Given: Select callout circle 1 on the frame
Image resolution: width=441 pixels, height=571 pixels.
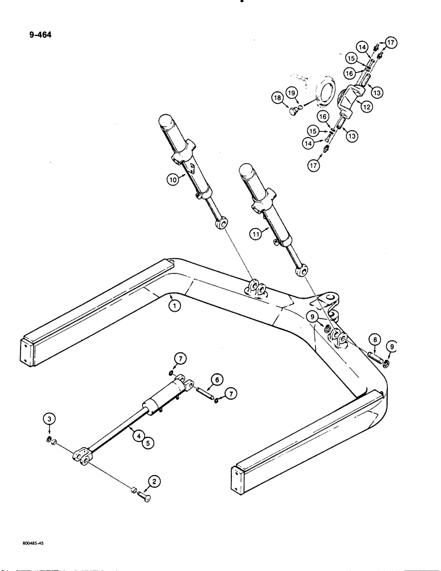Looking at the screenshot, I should click(175, 305).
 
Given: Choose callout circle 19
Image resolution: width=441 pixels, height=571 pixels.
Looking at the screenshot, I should click(291, 93).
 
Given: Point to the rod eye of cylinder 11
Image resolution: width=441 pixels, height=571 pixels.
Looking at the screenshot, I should click(303, 270).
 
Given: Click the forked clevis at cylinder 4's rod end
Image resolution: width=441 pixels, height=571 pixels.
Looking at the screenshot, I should click(81, 456).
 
